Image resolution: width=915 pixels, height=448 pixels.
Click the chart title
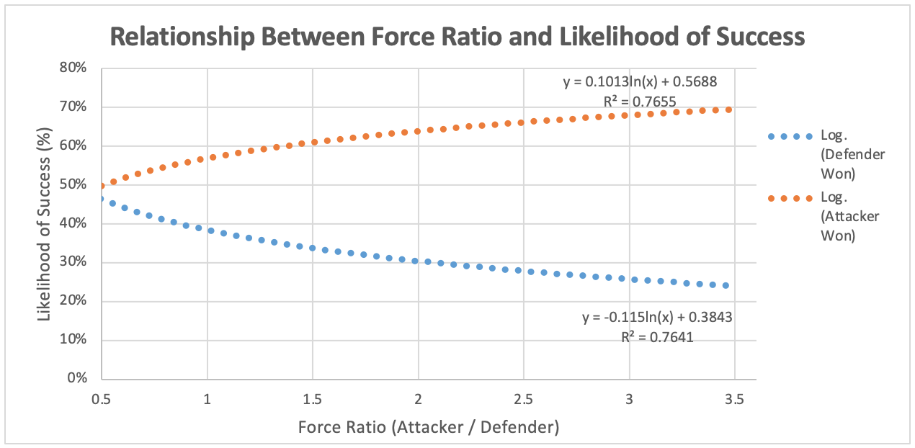click(458, 37)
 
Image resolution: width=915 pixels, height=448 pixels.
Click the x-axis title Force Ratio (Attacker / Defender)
click(429, 427)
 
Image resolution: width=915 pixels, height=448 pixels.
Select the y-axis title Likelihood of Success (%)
click(45, 224)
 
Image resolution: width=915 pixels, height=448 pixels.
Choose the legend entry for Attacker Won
click(850, 217)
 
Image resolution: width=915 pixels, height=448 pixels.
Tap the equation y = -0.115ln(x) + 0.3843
click(657, 317)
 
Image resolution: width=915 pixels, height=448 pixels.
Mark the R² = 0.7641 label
click(657, 336)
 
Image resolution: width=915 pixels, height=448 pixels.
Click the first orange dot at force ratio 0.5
click(102, 186)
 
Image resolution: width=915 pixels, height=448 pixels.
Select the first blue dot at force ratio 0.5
click(102, 199)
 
